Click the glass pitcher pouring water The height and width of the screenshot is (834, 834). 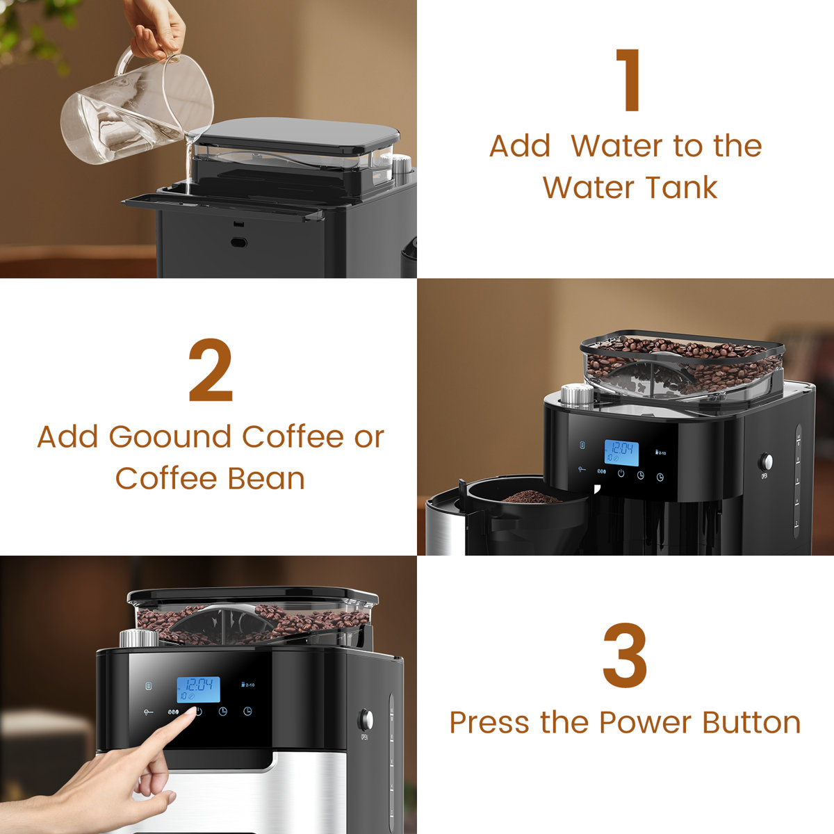tap(136, 111)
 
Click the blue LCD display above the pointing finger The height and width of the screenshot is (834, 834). tap(198, 689)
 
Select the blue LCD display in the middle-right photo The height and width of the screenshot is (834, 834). tap(621, 452)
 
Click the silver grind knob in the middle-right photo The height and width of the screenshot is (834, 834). tap(576, 395)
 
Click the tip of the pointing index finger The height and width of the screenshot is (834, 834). tap(190, 717)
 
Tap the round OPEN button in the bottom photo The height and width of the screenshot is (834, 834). tap(364, 719)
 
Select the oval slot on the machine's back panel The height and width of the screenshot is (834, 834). tap(239, 243)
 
